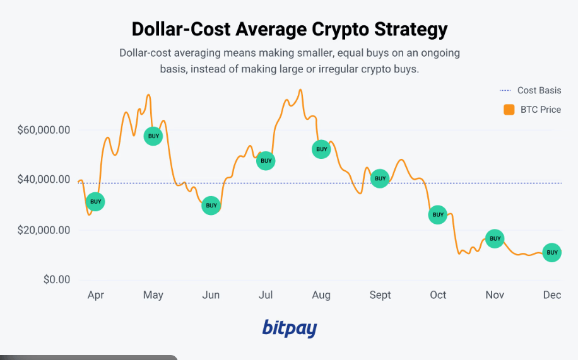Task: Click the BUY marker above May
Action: click(153, 136)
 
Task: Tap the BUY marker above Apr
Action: click(95, 202)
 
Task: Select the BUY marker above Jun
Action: click(211, 206)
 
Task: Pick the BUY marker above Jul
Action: click(266, 161)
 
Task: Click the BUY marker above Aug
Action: click(322, 149)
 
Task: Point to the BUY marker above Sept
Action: click(380, 179)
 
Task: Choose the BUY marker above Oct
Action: click(437, 215)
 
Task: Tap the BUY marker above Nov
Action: click(495, 238)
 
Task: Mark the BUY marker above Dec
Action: click(552, 253)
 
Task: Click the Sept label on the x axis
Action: click(380, 295)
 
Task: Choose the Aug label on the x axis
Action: click(321, 295)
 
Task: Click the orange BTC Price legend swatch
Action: click(509, 110)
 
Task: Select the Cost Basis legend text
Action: click(539, 90)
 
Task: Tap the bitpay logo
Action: click(289, 327)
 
